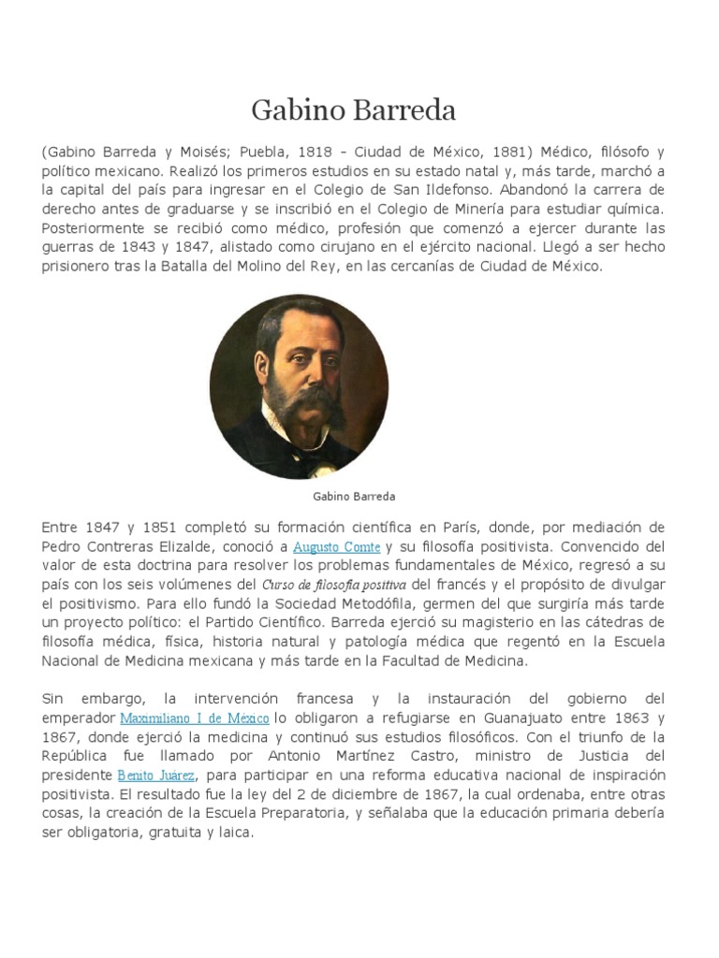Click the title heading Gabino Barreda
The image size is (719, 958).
tap(354, 111)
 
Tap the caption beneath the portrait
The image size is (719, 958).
tap(354, 496)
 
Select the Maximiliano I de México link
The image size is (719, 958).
tap(195, 718)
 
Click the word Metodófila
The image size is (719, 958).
tap(330, 603)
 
